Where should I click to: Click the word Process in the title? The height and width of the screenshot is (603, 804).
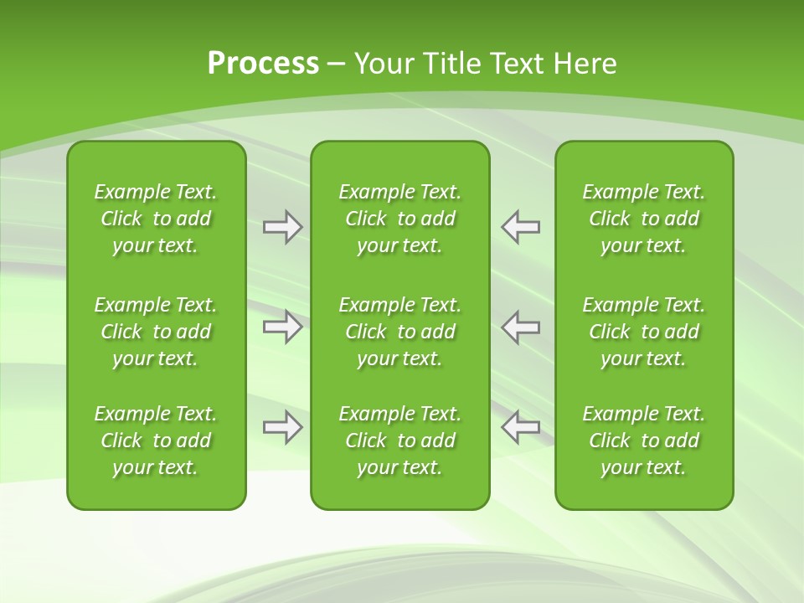coord(263,64)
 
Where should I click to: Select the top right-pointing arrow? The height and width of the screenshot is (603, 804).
coord(283,227)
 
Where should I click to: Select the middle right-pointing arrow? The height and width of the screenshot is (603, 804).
coord(283,327)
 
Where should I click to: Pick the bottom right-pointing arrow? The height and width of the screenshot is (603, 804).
coord(283,427)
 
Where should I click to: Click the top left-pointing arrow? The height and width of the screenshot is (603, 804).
coord(521,227)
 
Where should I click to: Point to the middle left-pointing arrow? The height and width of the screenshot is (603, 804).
coord(521,327)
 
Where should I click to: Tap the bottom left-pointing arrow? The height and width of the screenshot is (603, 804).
coord(521,427)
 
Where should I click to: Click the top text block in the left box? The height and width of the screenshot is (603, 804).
coord(156,219)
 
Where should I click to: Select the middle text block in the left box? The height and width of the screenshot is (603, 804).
coord(156,332)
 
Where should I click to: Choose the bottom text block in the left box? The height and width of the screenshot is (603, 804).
coord(156,441)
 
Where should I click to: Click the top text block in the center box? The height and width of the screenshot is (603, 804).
coord(399,219)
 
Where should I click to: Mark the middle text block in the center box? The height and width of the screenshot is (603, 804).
coord(399,332)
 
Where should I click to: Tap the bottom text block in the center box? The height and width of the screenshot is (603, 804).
coord(399,441)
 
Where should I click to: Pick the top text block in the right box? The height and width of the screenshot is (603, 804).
coord(644,219)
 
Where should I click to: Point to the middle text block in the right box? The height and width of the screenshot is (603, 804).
coord(644,332)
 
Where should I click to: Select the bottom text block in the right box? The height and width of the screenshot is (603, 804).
coord(644,441)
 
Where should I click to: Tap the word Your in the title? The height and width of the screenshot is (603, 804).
coord(383,64)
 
